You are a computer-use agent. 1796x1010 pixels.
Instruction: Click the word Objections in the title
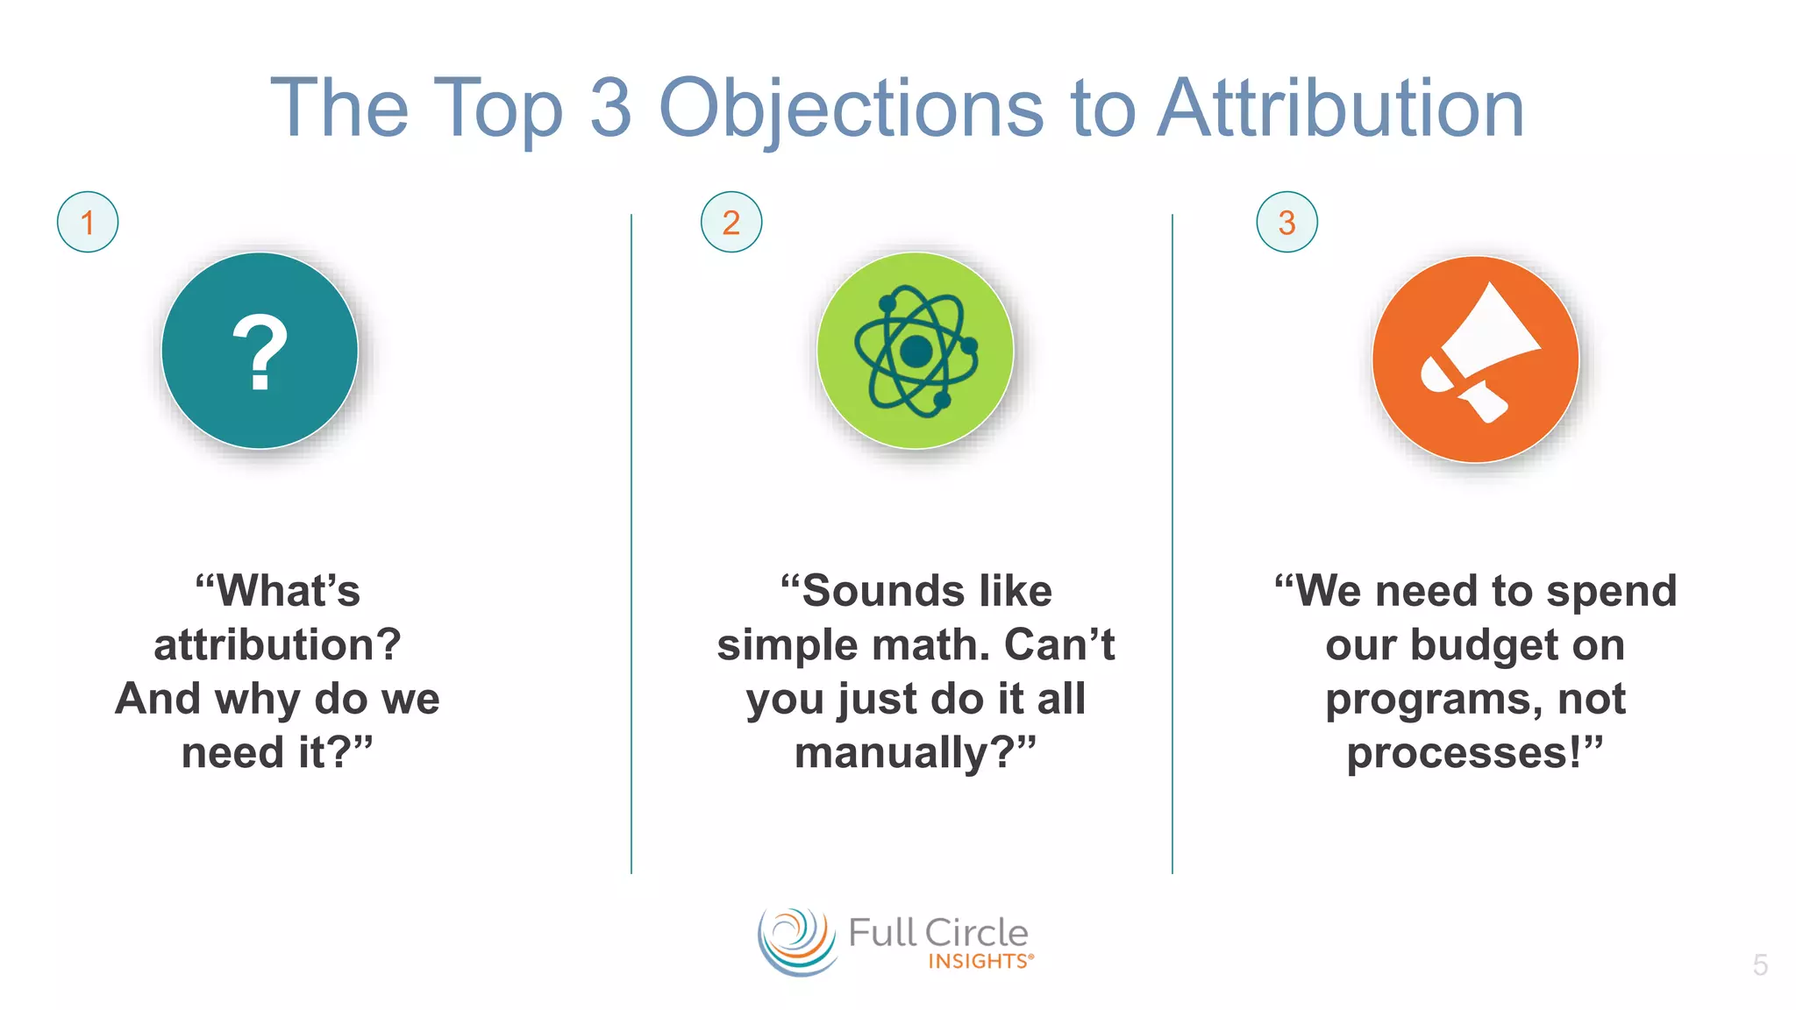click(x=851, y=109)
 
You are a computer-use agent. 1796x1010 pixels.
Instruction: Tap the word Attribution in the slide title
click(x=1341, y=109)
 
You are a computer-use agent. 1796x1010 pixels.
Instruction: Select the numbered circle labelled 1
click(x=88, y=222)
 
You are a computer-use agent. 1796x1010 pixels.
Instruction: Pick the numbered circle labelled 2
click(x=731, y=222)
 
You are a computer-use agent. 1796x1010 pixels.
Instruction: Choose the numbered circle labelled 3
click(x=1286, y=222)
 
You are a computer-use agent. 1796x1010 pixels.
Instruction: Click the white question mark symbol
click(x=260, y=352)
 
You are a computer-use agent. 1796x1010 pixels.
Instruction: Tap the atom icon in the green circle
click(x=916, y=352)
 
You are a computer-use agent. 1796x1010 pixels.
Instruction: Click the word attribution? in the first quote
click(x=277, y=645)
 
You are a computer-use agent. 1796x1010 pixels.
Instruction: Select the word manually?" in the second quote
click(x=916, y=753)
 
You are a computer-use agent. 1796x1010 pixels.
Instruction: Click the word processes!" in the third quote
click(x=1475, y=753)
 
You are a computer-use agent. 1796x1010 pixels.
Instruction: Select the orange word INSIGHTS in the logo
click(x=979, y=962)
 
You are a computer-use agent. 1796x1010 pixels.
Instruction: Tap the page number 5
click(x=1760, y=965)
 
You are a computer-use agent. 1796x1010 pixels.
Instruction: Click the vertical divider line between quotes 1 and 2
click(x=631, y=544)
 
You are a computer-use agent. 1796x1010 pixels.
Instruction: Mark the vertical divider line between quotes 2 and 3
click(x=1172, y=544)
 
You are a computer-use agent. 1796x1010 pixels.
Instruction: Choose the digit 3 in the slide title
click(x=610, y=109)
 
